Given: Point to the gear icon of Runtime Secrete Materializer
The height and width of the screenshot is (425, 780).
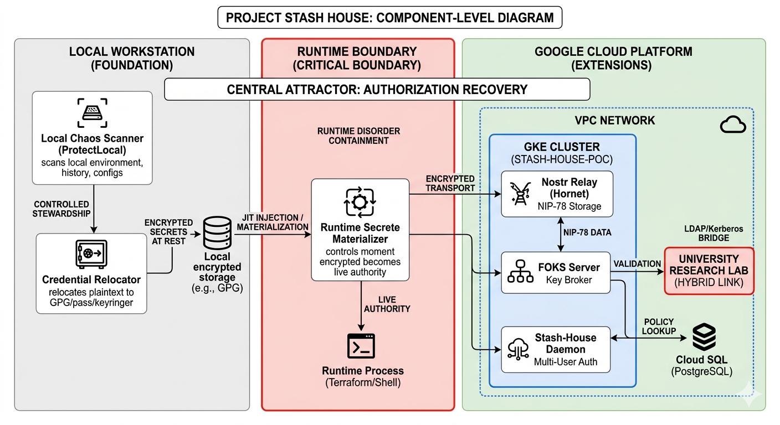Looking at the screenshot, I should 360,203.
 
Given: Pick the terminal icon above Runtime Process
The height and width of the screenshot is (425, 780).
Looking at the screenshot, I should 362,347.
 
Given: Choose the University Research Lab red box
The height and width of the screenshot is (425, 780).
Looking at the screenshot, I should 709,271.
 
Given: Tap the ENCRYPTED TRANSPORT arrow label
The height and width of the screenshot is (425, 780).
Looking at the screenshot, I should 450,183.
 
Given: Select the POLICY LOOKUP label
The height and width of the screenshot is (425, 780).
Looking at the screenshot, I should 659,326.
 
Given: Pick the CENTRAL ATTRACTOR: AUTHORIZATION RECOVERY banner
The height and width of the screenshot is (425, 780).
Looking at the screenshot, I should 377,89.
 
